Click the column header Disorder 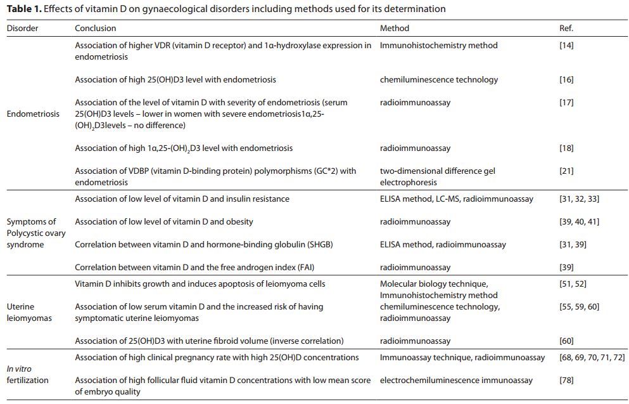[22, 29]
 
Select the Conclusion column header [95, 29]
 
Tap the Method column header [394, 29]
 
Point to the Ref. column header [566, 29]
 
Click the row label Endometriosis [33, 114]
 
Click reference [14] [566, 46]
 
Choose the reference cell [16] [566, 80]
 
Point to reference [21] [566, 171]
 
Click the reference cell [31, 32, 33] [579, 199]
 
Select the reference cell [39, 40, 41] [579, 222]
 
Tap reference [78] [566, 381]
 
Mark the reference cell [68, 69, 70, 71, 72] [592, 358]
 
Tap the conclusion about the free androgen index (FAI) [200, 268]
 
